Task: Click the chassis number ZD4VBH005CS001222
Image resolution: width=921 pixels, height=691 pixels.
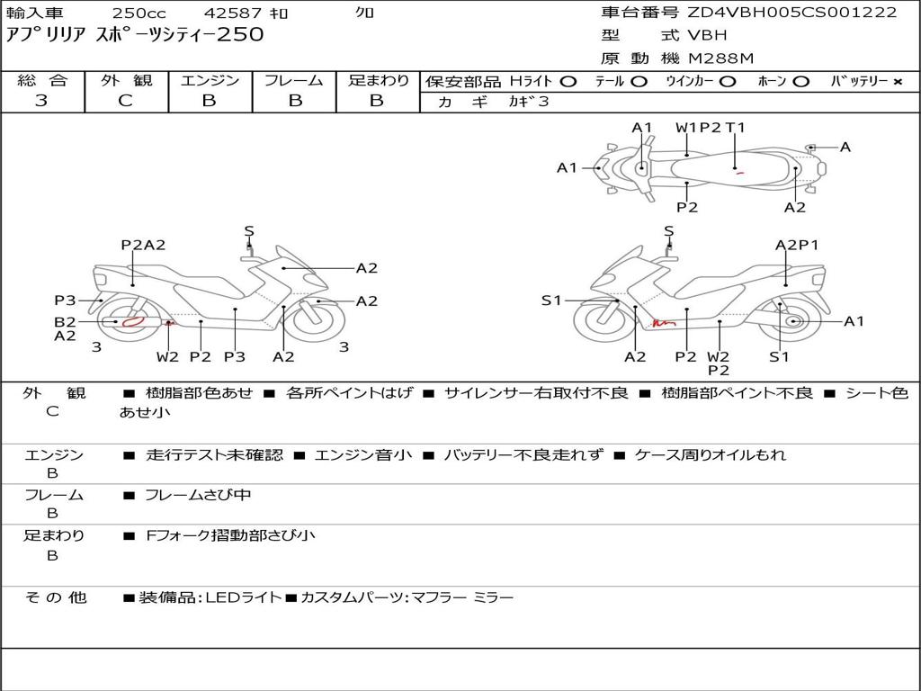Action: coord(792,13)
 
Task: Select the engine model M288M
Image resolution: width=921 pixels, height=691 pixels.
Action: coord(720,58)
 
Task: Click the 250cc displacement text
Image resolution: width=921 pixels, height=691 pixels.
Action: coord(139,13)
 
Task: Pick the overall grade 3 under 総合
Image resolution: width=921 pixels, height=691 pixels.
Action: coord(41,101)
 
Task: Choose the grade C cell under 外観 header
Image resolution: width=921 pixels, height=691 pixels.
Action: coord(125,101)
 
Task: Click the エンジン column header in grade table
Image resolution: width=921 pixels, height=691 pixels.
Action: coord(210,81)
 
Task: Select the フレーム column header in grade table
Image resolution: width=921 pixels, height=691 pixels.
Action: coord(293,81)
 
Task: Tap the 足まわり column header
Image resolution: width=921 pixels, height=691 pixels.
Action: coord(378,81)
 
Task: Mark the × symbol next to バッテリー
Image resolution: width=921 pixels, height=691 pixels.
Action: coord(898,82)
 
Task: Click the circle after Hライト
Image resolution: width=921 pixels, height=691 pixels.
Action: coord(568,82)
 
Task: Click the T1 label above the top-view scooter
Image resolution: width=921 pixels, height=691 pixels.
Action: coord(736,128)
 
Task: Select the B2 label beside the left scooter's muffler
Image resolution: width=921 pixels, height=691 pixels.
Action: coord(65,322)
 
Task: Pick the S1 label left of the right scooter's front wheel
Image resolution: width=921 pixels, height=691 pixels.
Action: coord(551,301)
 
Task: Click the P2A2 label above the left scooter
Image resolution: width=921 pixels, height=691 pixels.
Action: coord(143,245)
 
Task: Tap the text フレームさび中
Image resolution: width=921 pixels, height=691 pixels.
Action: coord(198,495)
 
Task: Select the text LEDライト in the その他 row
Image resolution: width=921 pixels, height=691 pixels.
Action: coord(243,597)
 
